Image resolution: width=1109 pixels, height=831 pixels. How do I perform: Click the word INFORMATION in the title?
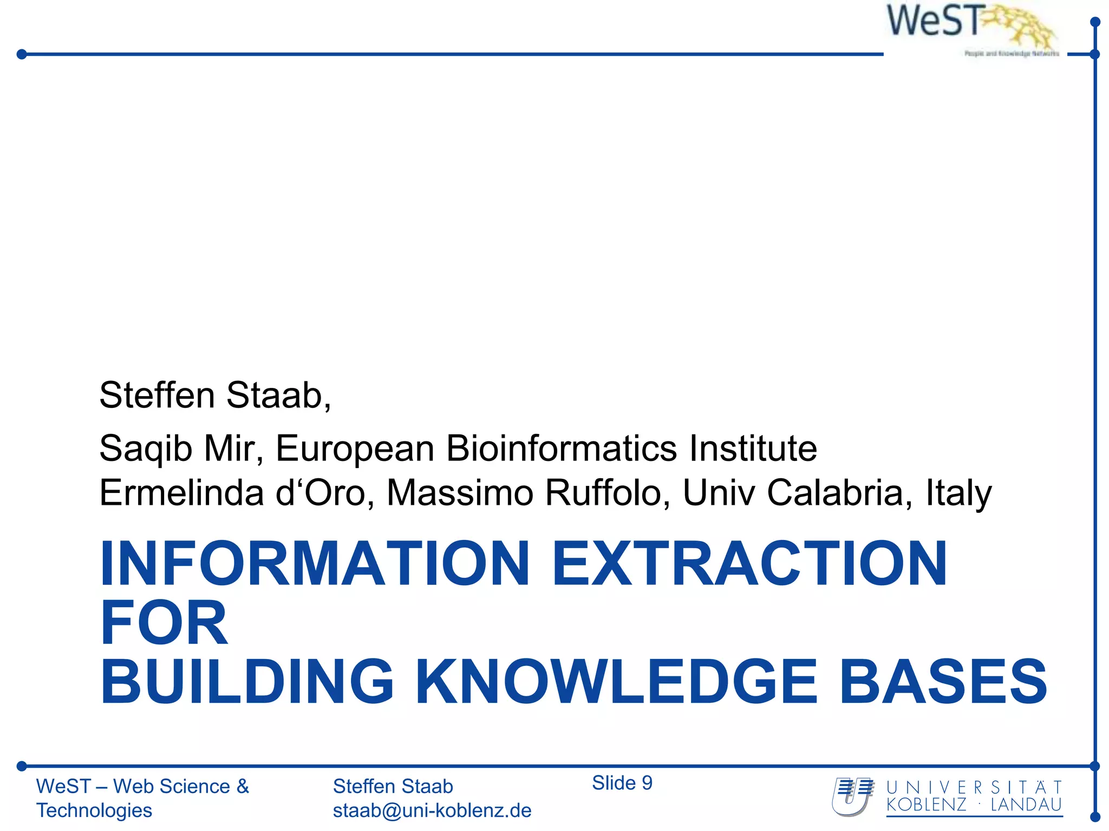coord(314,564)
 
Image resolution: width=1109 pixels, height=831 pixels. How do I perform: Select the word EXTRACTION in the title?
coord(749,564)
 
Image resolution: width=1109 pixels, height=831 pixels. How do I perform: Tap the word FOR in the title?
coord(164,623)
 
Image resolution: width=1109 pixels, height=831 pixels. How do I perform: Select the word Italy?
coord(958,493)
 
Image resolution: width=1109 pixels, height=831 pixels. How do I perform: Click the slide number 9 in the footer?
coord(647,783)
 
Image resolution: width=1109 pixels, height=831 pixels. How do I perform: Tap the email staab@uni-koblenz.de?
coord(432,810)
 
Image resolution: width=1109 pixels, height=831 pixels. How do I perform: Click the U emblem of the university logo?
coord(852,796)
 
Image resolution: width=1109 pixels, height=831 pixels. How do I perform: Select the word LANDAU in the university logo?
coord(1026,805)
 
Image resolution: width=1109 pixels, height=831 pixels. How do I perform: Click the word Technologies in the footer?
coord(94,810)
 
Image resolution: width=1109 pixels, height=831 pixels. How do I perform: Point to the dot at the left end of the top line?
coord(22,54)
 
